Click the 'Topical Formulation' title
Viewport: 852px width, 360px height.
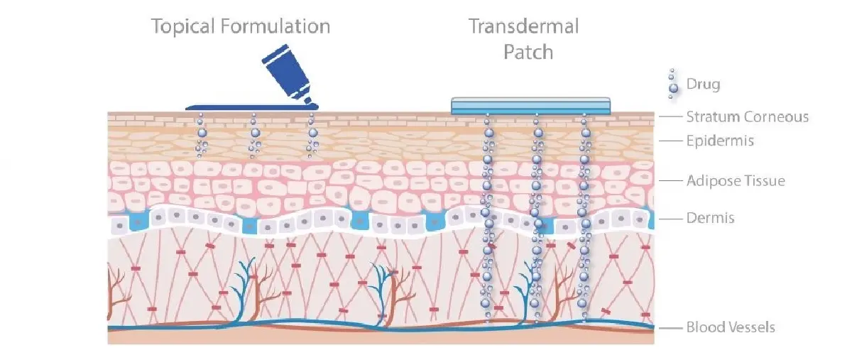[x=241, y=27]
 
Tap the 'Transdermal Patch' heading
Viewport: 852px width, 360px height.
[x=524, y=39]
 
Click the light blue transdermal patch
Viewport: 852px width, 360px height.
[x=530, y=106]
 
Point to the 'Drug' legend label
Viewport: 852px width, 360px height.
[x=704, y=84]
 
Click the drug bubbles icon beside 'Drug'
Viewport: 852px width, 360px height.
[x=672, y=84]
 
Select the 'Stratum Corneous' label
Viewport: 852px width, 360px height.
[x=748, y=117]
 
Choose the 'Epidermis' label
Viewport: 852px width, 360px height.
[x=720, y=141]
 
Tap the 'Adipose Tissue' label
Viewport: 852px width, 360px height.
[x=736, y=181]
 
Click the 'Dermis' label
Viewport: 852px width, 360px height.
[x=710, y=218]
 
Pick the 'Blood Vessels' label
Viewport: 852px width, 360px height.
[x=731, y=327]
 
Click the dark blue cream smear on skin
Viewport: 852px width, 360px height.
[x=252, y=108]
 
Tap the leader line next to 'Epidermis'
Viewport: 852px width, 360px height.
[x=670, y=141]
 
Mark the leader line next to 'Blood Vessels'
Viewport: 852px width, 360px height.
[x=670, y=327]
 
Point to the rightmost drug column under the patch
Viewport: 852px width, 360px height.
[x=584, y=217]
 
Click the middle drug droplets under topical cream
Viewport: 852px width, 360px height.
[x=254, y=136]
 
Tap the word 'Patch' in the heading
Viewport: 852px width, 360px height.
[x=528, y=52]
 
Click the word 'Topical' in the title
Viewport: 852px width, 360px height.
[x=183, y=27]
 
